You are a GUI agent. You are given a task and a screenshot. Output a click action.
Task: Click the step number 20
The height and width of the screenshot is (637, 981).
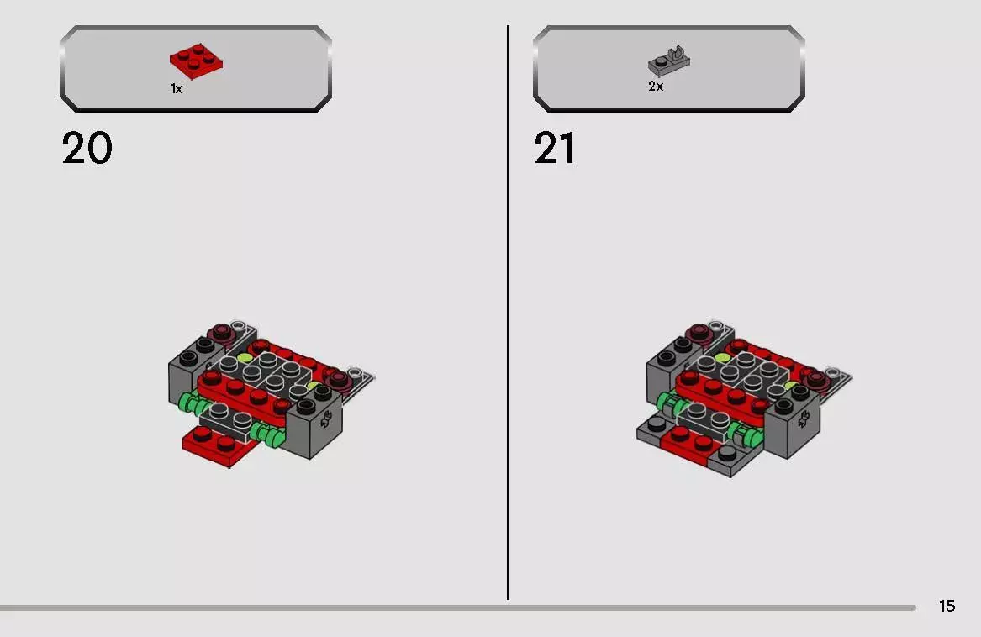click(87, 148)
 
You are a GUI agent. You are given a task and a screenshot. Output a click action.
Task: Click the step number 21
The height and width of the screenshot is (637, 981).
click(555, 148)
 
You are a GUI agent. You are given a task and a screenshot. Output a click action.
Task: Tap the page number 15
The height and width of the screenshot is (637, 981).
click(947, 606)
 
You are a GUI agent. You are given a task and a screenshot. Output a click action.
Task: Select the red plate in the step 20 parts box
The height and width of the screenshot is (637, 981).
click(197, 61)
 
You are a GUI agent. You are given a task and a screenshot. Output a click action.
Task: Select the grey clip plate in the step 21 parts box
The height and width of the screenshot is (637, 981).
click(669, 61)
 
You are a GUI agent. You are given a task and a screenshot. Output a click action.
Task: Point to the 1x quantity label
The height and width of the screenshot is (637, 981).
click(177, 89)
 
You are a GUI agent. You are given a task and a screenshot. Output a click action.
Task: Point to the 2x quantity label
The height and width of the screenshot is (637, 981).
click(656, 87)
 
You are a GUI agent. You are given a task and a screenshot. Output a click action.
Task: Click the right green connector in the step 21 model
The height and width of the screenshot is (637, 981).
click(743, 434)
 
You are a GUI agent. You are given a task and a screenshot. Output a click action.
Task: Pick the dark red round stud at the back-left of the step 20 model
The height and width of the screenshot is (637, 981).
click(220, 332)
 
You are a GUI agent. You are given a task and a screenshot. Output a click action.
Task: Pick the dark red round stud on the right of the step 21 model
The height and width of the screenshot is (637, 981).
click(816, 378)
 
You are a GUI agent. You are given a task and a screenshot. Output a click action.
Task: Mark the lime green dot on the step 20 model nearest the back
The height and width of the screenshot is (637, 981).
click(245, 358)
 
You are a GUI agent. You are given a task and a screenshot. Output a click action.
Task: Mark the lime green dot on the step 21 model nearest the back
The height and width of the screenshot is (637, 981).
click(723, 358)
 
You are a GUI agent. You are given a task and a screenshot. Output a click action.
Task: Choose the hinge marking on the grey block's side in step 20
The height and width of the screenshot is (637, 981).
click(326, 419)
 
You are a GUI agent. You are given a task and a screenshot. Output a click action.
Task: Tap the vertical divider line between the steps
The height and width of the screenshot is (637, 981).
click(508, 313)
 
